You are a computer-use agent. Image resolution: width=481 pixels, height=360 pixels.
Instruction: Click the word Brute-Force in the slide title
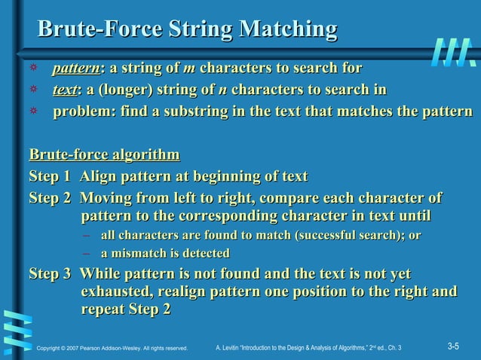click(x=99, y=30)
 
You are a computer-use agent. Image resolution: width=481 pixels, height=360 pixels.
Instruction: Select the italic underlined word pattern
click(x=76, y=70)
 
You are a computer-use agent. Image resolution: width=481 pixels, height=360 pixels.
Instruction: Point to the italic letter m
click(x=189, y=70)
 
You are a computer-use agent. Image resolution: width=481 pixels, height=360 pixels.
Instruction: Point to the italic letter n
click(x=222, y=91)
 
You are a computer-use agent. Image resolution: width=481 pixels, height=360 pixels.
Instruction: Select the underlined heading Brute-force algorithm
click(x=104, y=156)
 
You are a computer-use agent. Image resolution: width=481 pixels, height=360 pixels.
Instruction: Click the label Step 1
click(x=51, y=177)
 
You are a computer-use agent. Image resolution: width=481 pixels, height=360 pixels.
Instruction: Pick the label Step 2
click(x=51, y=199)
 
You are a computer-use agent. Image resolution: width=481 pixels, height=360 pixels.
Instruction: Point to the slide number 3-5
click(x=453, y=346)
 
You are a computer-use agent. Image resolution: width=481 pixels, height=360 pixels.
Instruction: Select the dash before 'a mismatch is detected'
click(x=87, y=254)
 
